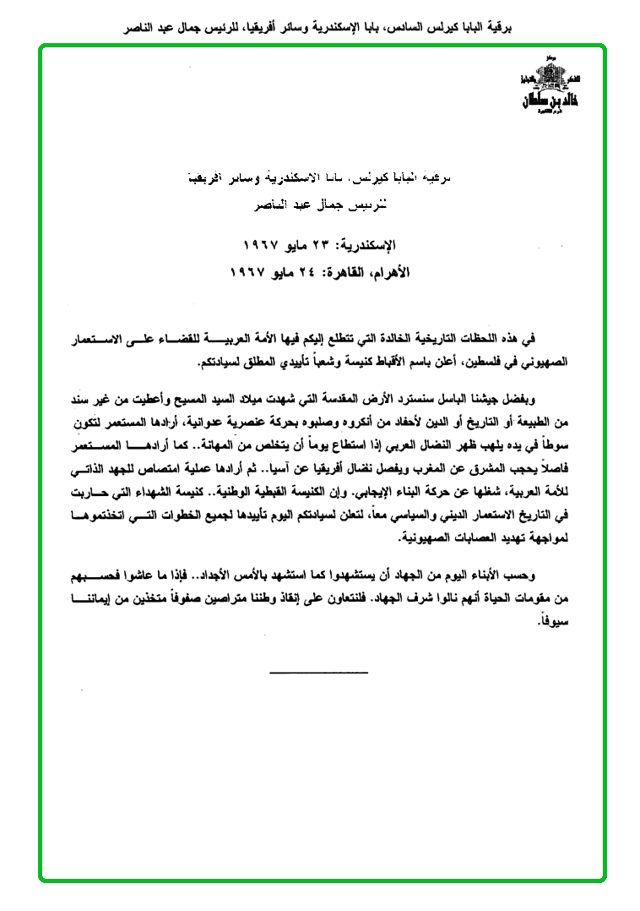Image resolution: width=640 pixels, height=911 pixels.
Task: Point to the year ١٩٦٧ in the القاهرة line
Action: [248, 273]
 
